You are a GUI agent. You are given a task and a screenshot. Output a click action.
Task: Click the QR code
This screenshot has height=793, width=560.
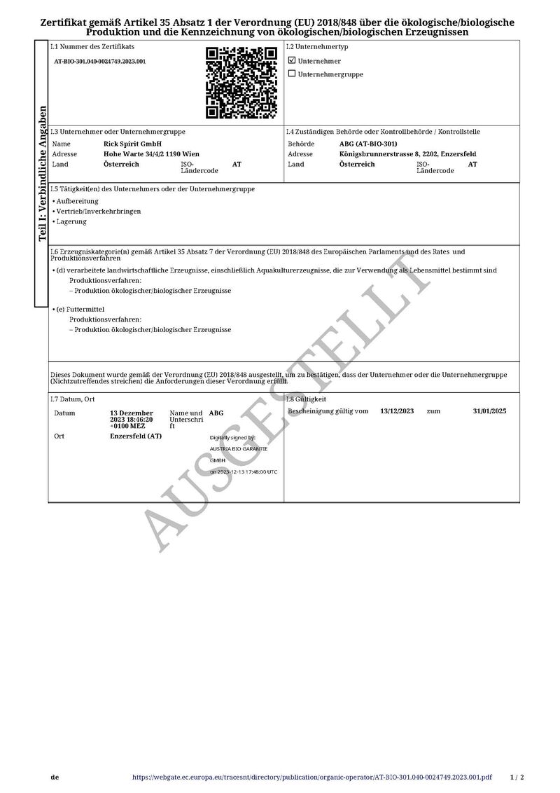(241, 82)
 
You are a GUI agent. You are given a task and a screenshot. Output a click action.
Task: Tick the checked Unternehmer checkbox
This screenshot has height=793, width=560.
(292, 61)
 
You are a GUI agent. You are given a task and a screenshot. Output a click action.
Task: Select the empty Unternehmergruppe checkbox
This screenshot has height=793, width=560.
(292, 74)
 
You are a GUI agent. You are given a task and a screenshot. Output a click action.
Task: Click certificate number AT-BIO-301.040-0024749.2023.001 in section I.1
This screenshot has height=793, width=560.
(100, 62)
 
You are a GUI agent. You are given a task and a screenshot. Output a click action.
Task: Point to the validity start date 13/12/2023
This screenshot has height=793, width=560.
(397, 411)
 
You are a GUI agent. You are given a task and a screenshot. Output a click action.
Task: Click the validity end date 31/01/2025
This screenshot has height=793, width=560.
(489, 411)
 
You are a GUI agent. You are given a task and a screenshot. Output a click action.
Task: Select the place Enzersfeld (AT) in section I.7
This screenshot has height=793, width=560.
(136, 436)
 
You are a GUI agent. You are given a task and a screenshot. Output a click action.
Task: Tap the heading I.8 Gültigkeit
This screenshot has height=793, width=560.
(307, 399)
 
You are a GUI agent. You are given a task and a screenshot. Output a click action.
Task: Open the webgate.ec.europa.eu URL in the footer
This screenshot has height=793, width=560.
(311, 778)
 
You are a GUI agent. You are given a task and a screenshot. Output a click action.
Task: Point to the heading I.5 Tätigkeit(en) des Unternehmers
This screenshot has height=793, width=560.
(153, 189)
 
